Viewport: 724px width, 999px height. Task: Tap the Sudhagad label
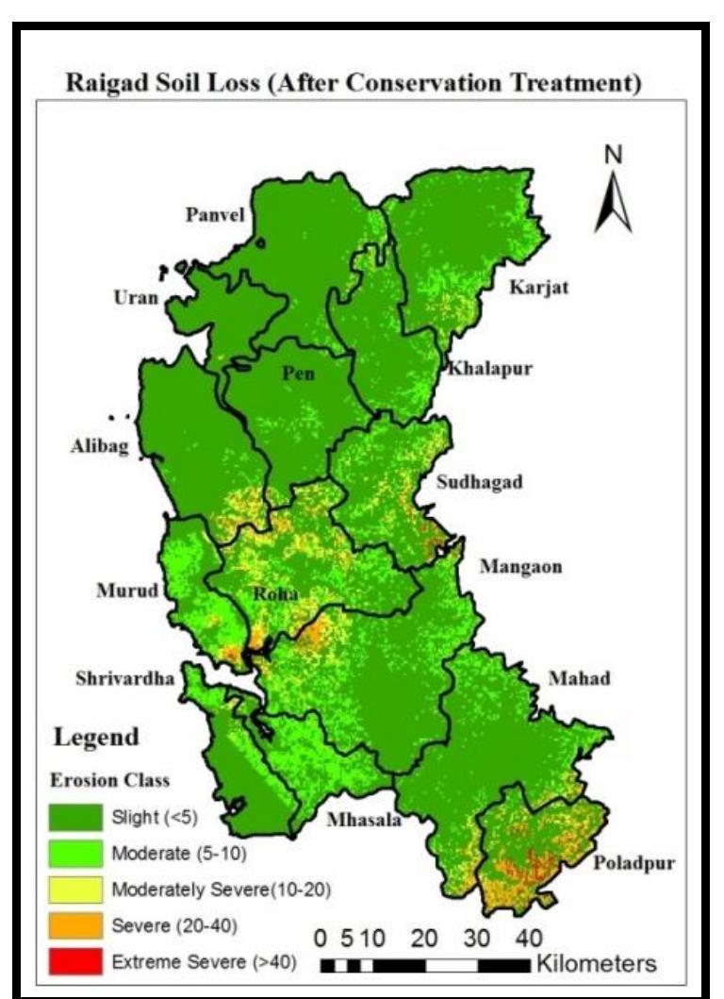point(479,483)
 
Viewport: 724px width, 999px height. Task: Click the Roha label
point(275,594)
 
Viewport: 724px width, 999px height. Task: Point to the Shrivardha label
point(125,678)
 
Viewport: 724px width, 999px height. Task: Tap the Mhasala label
point(364,820)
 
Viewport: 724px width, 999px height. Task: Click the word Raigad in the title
point(107,83)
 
